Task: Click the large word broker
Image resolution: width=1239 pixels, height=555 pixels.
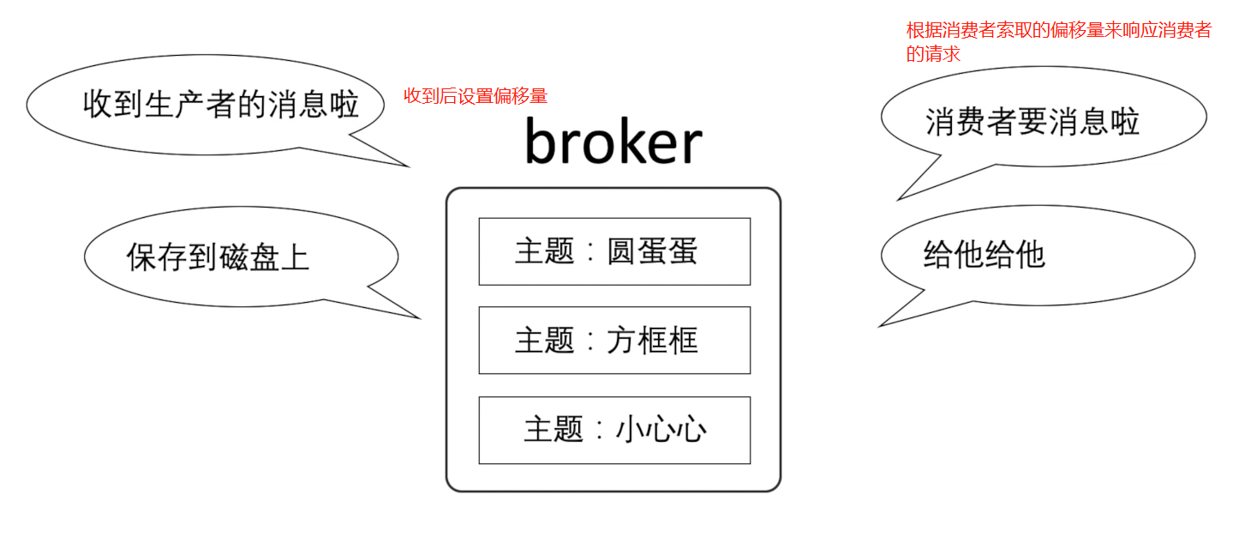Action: point(614,142)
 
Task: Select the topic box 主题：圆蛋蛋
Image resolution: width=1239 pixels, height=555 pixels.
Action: point(614,251)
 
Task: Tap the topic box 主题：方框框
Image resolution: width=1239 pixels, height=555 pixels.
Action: point(614,341)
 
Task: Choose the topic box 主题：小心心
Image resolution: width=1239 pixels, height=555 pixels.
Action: point(614,430)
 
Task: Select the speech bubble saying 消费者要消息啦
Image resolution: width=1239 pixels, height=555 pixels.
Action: point(1032,122)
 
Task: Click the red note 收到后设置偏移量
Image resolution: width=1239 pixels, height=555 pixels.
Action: point(476,96)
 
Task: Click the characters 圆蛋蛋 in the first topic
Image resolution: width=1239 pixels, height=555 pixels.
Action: point(652,251)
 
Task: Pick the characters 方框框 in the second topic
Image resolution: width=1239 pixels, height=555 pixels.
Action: point(652,341)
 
